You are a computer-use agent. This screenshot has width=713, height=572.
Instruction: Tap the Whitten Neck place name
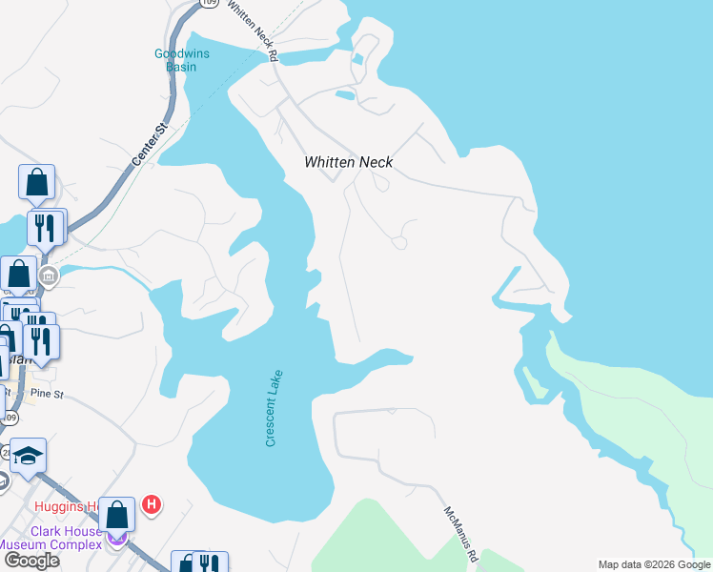tap(348, 163)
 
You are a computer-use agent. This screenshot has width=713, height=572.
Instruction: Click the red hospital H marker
tap(150, 503)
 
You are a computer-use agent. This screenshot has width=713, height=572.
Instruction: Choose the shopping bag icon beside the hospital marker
tap(117, 515)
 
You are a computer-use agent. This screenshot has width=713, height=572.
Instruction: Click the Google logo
tap(31, 561)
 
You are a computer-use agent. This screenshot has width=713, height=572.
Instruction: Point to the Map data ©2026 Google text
tap(653, 564)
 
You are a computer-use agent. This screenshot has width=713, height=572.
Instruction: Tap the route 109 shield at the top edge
tap(209, 4)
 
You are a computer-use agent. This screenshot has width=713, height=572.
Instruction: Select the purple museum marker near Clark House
tap(117, 540)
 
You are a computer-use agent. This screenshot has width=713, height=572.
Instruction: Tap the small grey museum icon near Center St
tap(49, 277)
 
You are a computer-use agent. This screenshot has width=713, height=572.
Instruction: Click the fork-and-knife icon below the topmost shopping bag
tap(45, 227)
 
